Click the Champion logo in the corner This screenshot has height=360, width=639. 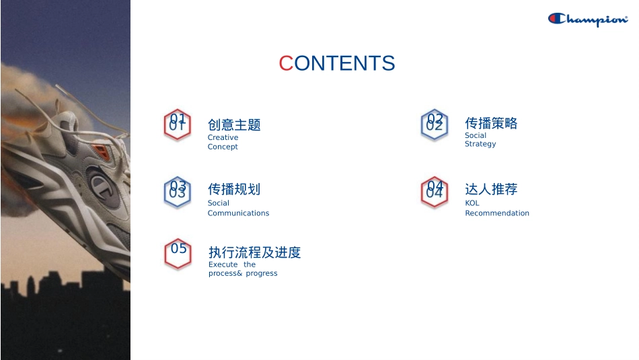pos(588,20)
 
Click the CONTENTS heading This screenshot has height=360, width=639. pos(337,63)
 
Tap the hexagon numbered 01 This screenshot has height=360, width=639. pos(178,125)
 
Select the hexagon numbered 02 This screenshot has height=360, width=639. pos(435,124)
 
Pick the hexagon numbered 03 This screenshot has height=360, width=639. pos(178,192)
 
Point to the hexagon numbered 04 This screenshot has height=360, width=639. pos(435,192)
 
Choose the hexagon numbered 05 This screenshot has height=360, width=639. pos(178,254)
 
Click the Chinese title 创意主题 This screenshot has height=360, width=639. pos(234,124)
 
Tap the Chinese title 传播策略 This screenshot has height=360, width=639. pos(491,123)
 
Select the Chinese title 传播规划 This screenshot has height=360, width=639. pos(234,189)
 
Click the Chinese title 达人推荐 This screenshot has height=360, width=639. pos(491,189)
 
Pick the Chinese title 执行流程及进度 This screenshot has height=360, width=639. pos(255,252)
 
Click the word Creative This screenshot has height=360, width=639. pos(223,137)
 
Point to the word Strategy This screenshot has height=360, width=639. pos(480,144)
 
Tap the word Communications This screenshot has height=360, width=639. pos(238,213)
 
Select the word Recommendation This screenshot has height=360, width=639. pos(497,213)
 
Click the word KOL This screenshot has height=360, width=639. pos(472,203)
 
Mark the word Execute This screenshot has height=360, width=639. pos(223,264)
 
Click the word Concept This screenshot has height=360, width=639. pos(223,147)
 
